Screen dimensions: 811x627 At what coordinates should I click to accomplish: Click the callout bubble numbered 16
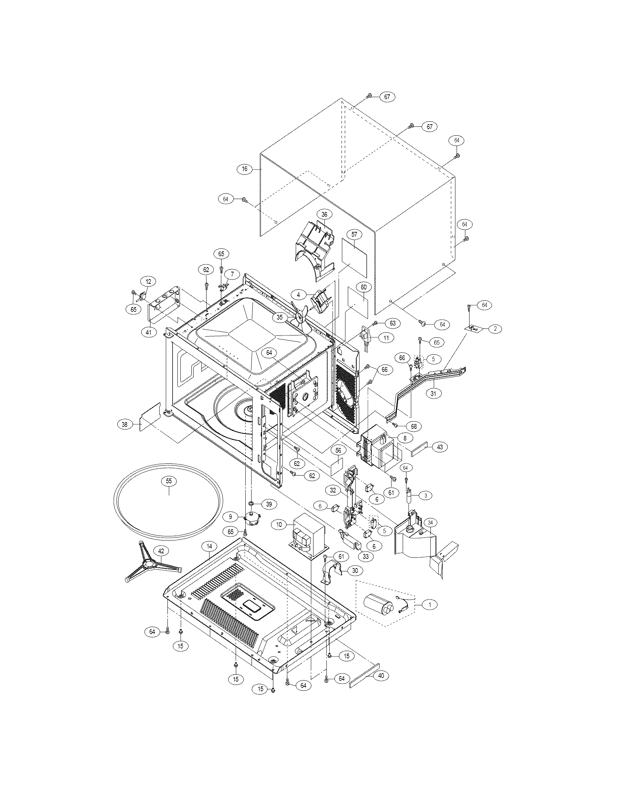coord(245,169)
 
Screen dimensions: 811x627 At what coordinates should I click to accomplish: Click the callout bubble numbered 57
coord(354,234)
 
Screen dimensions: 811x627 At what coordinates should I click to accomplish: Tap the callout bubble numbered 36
coord(325,214)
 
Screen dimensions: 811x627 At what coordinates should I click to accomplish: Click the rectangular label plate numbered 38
coord(150,418)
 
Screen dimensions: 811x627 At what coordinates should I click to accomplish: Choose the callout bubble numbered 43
coord(440,447)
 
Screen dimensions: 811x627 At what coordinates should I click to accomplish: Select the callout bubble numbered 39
coord(269,504)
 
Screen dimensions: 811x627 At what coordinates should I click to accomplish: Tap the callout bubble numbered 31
coord(433,393)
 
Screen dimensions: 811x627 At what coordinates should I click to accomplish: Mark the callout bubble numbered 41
coord(149,333)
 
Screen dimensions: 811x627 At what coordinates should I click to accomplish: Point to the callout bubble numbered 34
coord(430,523)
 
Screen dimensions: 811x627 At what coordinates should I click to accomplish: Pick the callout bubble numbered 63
coord(393,323)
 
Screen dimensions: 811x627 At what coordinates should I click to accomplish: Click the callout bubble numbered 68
coord(414,427)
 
